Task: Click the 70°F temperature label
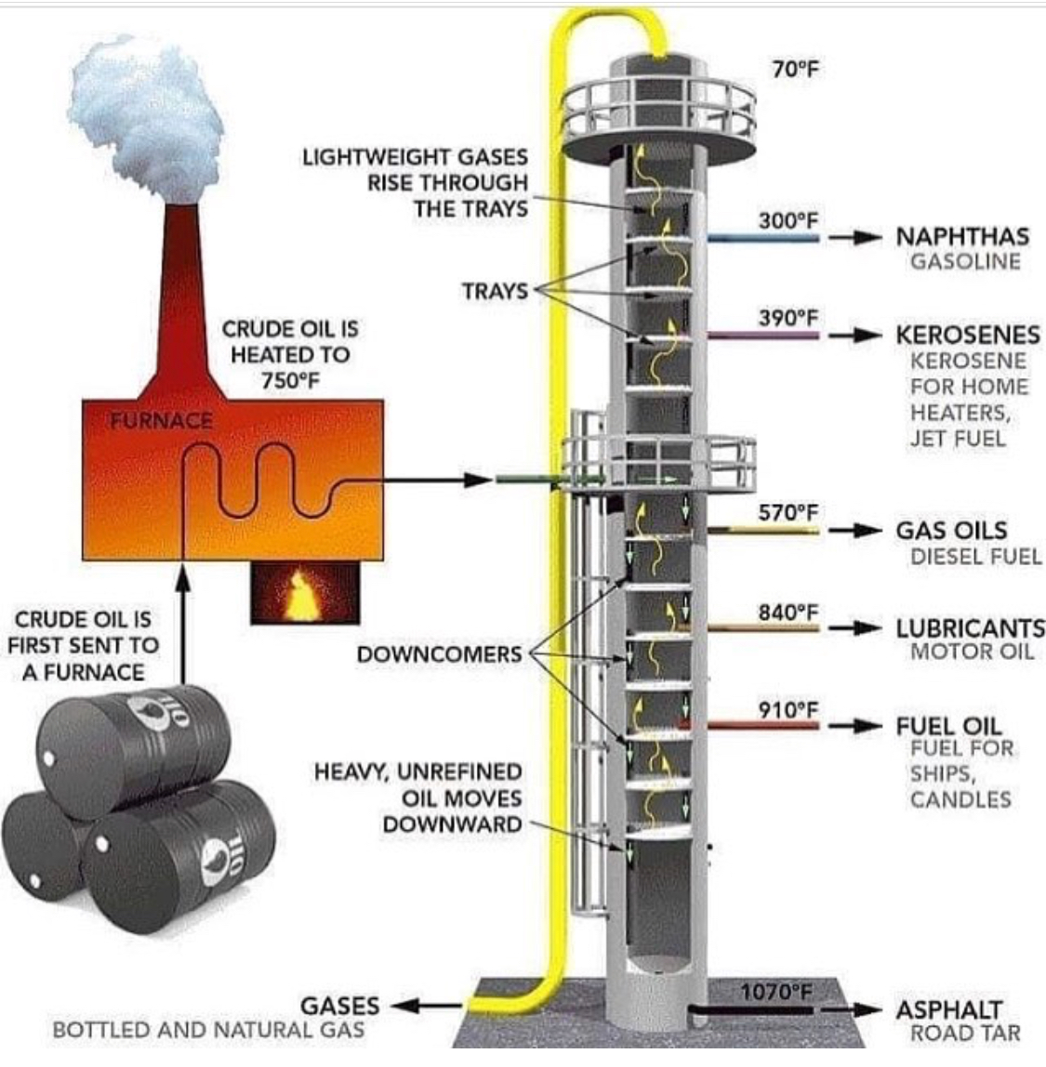click(796, 69)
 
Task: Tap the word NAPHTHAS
click(962, 236)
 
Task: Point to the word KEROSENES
click(968, 335)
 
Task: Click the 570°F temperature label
click(788, 512)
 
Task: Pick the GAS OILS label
click(951, 530)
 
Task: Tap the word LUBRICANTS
click(971, 627)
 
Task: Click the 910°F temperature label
click(788, 709)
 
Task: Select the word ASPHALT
click(949, 1009)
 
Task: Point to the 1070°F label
click(776, 992)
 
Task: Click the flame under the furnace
click(298, 595)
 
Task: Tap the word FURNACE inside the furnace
click(161, 420)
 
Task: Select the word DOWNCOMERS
click(440, 654)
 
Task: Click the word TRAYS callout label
click(496, 291)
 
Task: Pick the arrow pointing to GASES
click(427, 1005)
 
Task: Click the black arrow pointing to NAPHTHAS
click(855, 238)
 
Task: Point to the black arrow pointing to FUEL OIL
click(855, 725)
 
